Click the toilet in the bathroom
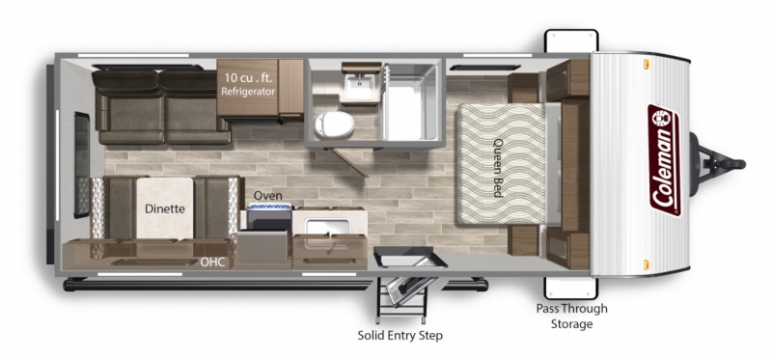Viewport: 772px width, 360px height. coord(335,125)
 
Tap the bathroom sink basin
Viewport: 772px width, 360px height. coord(359,87)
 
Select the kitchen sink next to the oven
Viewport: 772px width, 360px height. coord(328,227)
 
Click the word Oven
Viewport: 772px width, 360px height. coord(268,196)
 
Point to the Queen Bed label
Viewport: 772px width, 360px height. coord(499,168)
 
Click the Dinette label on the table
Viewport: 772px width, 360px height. coord(165,208)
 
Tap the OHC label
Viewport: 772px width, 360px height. coord(212,262)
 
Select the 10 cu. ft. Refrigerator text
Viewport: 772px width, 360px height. coord(248,84)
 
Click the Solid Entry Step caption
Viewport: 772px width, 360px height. coord(400,335)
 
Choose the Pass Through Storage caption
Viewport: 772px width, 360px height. coord(571,317)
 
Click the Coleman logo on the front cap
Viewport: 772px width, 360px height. coord(664,160)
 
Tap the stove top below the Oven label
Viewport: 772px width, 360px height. coord(268,217)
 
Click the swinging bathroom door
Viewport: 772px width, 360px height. coord(349,161)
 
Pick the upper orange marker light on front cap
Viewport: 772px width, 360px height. coord(646,64)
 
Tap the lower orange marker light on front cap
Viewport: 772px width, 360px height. coord(646,264)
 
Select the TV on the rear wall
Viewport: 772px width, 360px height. coord(82,164)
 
